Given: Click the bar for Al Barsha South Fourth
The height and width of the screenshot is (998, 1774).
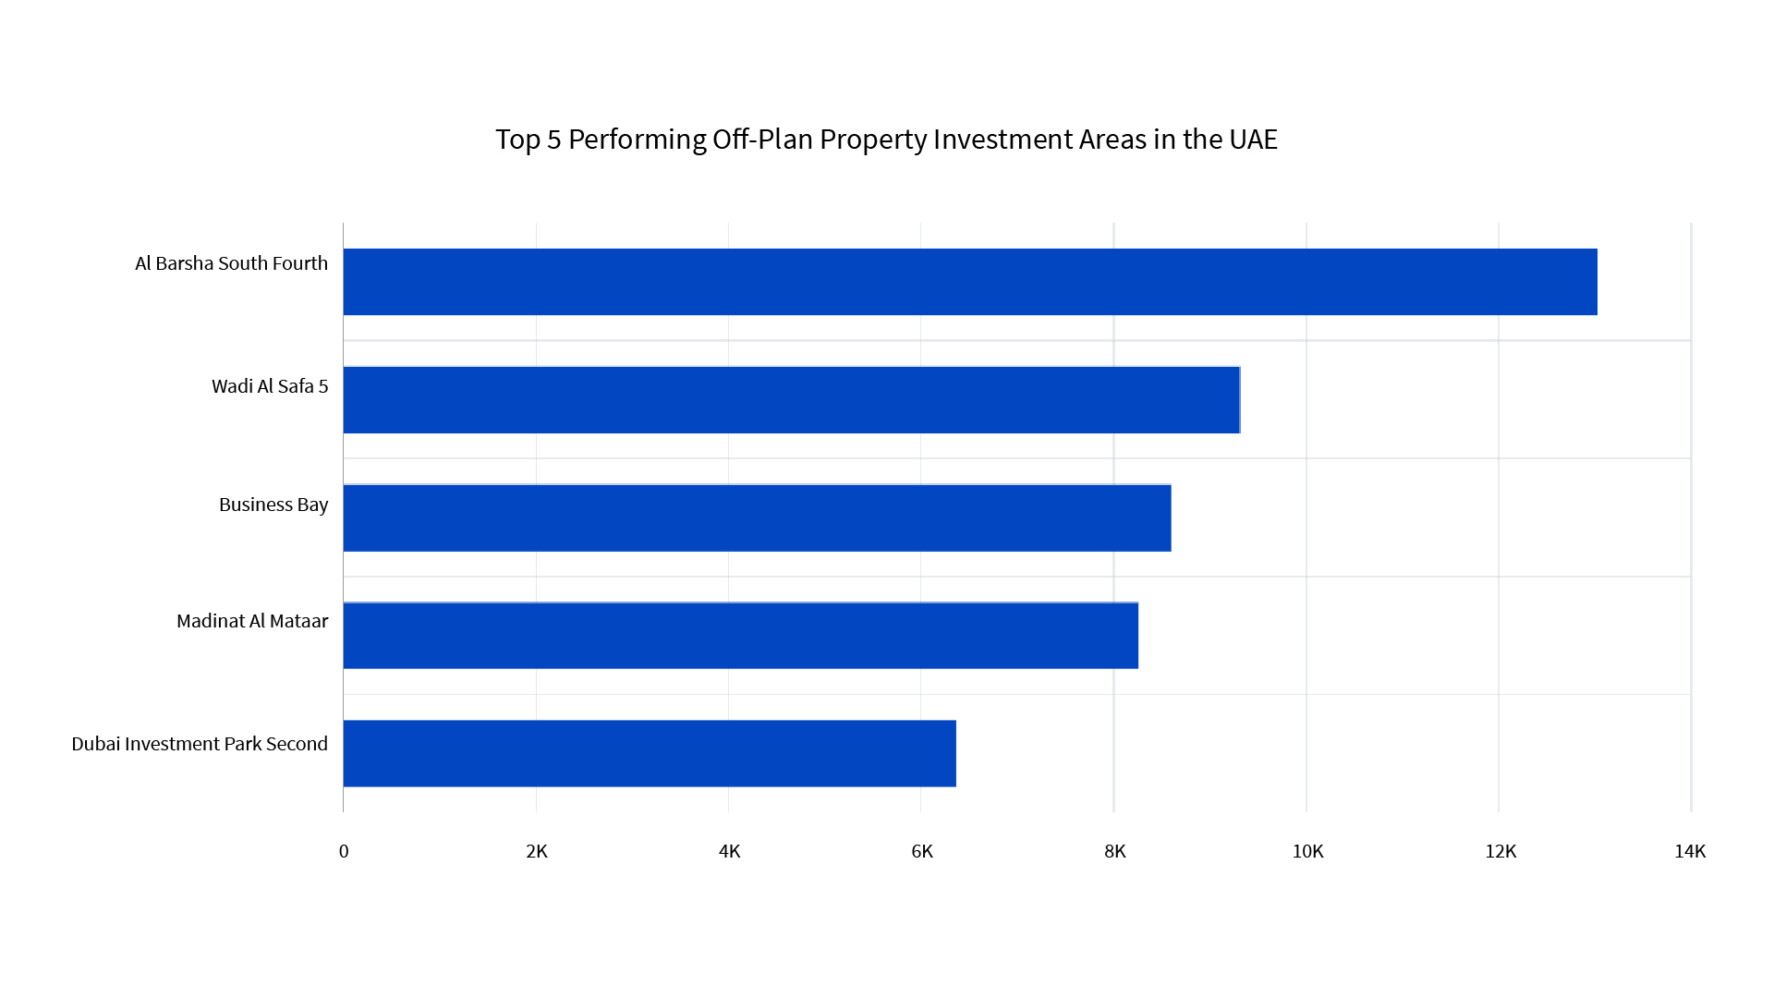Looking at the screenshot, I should [970, 282].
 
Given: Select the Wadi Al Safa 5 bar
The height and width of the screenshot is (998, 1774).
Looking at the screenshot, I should [791, 400].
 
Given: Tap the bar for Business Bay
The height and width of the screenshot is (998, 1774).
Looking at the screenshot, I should [757, 518].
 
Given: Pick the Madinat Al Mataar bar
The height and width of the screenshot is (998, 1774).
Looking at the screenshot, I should [740, 636].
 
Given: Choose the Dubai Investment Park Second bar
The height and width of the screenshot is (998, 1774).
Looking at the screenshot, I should [650, 754].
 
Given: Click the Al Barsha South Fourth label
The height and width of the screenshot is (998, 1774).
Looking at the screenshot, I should [231, 263].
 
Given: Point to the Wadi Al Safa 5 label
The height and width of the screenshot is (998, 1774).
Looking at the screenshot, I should [270, 386].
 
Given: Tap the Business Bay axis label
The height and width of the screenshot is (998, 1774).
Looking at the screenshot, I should [273, 505].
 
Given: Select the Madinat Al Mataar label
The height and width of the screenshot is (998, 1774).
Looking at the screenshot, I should [252, 621].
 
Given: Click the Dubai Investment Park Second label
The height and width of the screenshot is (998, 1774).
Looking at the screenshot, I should [200, 744].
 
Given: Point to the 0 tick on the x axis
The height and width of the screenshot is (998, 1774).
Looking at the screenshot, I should [344, 851].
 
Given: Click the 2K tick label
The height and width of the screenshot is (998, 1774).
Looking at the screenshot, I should [537, 851].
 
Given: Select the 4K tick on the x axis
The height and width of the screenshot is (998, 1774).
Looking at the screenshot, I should [730, 851].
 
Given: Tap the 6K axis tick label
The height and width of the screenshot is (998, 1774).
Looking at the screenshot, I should [922, 851].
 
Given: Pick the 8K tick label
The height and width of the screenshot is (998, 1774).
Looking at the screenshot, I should [1115, 851].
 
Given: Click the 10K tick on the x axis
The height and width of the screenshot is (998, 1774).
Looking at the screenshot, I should [1307, 851].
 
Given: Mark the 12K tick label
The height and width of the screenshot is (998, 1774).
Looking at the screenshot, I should [1501, 851].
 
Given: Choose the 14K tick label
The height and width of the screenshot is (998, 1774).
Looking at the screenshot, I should [1690, 851].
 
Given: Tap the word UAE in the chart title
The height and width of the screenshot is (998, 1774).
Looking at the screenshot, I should [1253, 140].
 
